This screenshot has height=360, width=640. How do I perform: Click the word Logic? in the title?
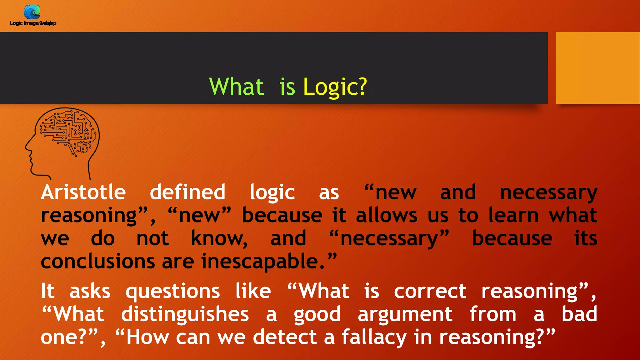335,87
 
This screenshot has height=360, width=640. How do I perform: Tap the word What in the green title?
236,87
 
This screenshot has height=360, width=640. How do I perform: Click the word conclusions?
98,261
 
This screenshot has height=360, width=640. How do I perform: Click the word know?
219,238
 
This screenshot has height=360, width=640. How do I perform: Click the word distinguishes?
185,314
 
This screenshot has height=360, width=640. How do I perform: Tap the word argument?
405,314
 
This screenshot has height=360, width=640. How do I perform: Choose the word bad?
579,314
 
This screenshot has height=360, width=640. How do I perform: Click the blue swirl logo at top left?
32,12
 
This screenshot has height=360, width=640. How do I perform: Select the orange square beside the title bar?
597,68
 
